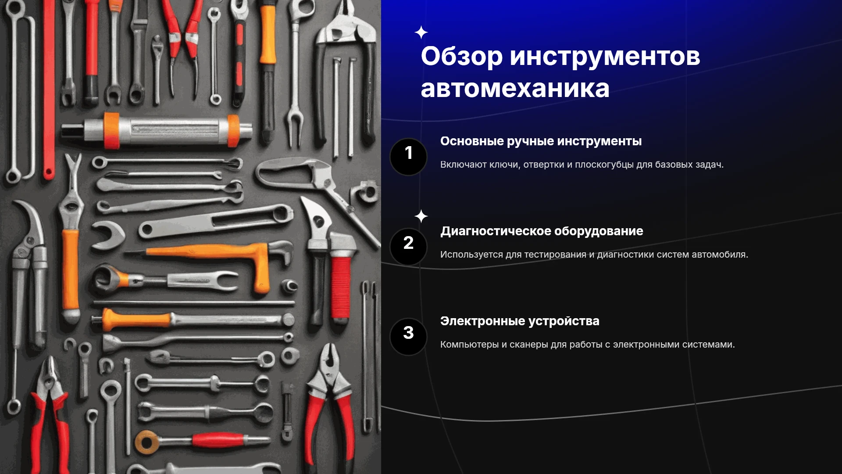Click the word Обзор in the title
tap(462, 57)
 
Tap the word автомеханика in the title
tap(515, 88)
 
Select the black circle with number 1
tap(408, 157)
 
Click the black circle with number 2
tap(408, 247)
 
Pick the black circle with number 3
tap(408, 337)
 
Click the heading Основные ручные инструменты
tap(541, 141)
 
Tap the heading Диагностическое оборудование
tap(542, 231)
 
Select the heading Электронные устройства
tap(520, 321)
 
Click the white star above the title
tap(421, 32)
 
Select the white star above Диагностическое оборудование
tap(421, 216)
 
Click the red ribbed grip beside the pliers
tap(341, 287)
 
